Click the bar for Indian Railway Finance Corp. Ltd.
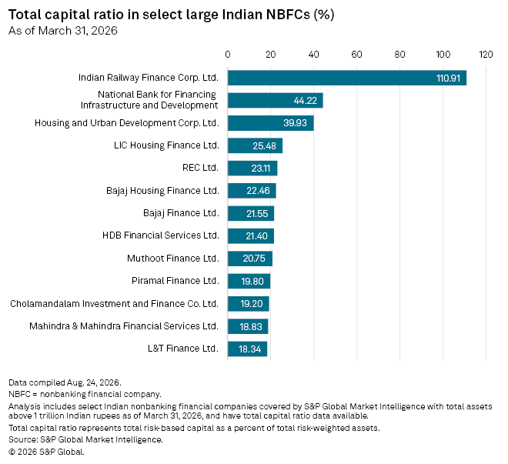(347, 78)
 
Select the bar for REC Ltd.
(252, 168)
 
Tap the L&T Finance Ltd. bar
(248, 349)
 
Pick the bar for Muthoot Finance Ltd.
(250, 259)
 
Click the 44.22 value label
(306, 101)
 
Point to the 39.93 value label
(295, 123)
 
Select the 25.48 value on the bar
(264, 145)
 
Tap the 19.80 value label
(252, 281)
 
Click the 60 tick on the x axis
(356, 55)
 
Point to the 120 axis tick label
(486, 55)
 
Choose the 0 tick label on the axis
(227, 55)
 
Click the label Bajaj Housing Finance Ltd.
(162, 191)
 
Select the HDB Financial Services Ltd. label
(161, 235)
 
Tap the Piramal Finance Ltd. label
(175, 281)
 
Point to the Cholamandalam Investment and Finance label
(115, 304)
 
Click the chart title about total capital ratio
(172, 15)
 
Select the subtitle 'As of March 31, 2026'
(63, 31)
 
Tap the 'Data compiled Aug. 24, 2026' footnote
(65, 382)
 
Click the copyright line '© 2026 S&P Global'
(46, 452)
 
